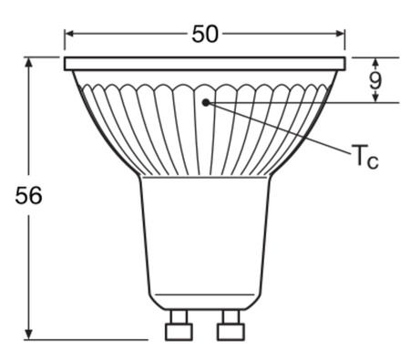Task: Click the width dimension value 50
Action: tap(205, 34)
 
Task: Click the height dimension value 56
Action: tap(29, 196)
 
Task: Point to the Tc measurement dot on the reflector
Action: tap(207, 102)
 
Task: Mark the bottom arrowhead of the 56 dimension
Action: tap(29, 334)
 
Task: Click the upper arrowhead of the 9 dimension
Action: tap(375, 61)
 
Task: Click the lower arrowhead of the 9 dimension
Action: tap(375, 98)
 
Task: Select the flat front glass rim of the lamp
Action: tap(205, 64)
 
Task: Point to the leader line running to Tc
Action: tap(282, 127)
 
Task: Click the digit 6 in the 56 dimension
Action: tap(36, 196)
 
